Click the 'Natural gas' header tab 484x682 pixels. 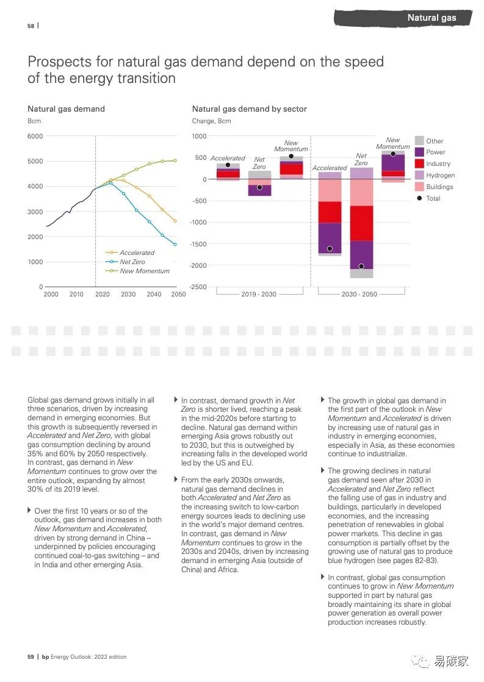click(x=432, y=18)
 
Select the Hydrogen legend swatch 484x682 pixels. click(x=419, y=176)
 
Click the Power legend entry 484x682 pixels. click(x=435, y=153)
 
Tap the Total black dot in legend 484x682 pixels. click(x=419, y=198)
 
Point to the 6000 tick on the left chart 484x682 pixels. click(x=35, y=136)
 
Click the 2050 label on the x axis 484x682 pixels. click(x=178, y=295)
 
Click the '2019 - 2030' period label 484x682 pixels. click(x=259, y=295)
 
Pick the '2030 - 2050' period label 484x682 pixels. click(x=359, y=295)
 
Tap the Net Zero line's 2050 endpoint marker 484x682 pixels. click(x=175, y=244)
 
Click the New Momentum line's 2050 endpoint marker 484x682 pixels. click(x=175, y=160)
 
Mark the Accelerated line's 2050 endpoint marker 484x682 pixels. click(x=175, y=221)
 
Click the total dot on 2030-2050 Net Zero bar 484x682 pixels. click(x=361, y=267)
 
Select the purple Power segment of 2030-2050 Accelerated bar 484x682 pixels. click(x=330, y=238)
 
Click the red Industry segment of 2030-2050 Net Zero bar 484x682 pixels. click(x=361, y=223)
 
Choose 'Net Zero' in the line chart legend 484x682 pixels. click(x=132, y=262)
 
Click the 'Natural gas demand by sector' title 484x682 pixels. click(x=249, y=109)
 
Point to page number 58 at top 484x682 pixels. click(x=31, y=26)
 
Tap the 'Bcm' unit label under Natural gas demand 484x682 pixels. click(x=34, y=121)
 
